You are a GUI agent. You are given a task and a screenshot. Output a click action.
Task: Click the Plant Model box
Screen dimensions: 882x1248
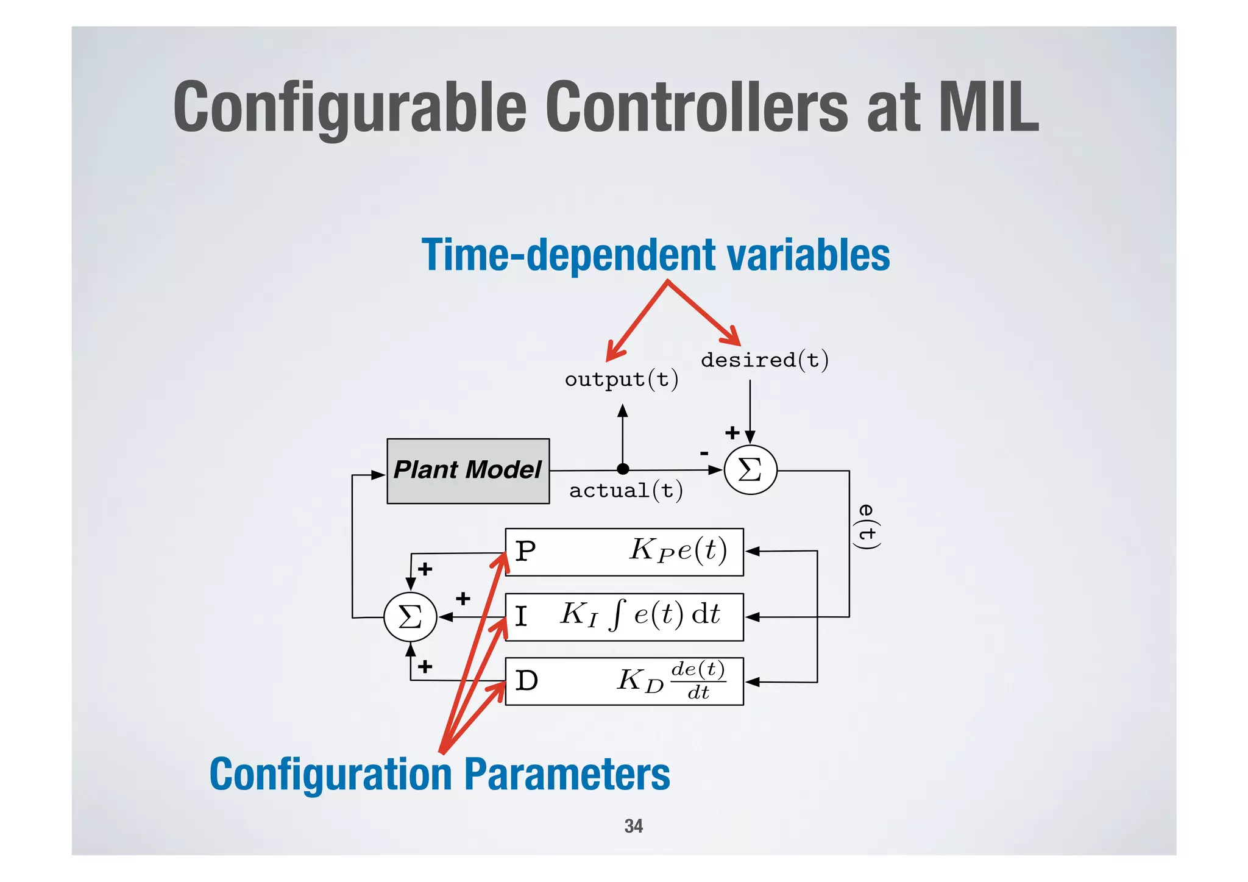(468, 471)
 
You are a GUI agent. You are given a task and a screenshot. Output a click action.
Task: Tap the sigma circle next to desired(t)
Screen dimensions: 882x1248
(750, 470)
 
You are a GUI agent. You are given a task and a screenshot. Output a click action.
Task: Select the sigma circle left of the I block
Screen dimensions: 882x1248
(410, 617)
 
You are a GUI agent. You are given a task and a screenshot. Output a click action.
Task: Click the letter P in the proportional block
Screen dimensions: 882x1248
(525, 552)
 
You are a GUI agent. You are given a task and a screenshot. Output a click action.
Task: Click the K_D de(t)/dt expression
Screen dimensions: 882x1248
(671, 680)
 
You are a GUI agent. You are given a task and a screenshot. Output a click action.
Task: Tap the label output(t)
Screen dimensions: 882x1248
(621, 380)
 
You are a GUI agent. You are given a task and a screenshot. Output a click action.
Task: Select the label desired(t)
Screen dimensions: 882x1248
(764, 360)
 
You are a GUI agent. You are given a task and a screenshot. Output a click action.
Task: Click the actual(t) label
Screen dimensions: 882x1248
(626, 491)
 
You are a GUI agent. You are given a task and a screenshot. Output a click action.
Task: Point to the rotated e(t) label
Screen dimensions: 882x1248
(867, 526)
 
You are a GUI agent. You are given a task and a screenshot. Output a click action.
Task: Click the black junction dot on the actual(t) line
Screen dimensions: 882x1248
(623, 469)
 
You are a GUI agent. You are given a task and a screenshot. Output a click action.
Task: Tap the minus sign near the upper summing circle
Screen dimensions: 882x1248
(704, 453)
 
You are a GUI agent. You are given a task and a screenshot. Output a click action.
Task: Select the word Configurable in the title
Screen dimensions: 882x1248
(349, 108)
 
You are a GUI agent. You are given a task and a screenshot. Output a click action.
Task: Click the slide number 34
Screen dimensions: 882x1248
(633, 826)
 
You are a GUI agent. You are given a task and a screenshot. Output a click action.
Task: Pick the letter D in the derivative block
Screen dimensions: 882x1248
(526, 680)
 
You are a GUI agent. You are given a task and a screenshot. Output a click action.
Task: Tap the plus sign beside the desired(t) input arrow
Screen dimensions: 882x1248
(732, 433)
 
